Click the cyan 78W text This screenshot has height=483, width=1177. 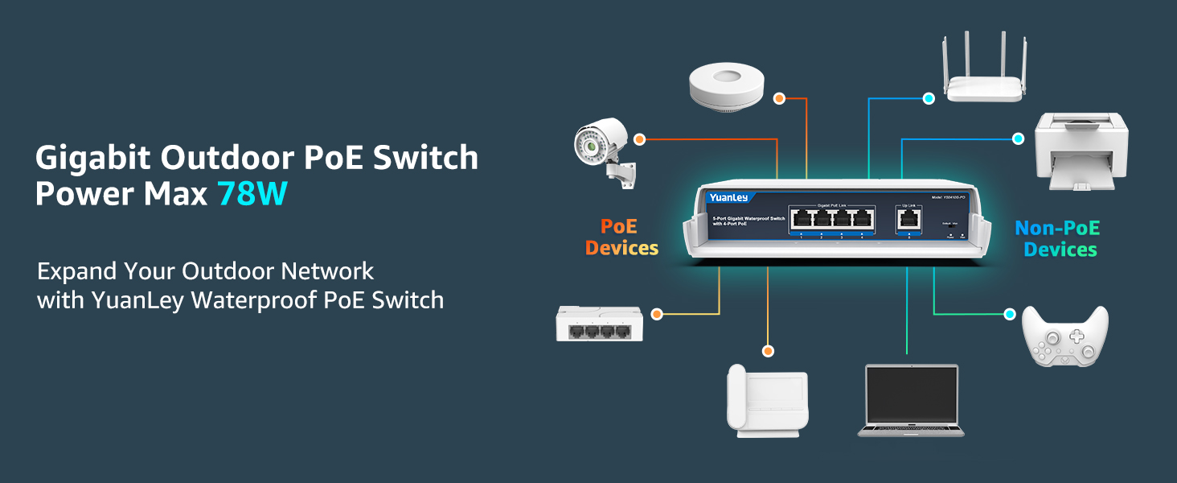click(252, 194)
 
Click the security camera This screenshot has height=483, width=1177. click(603, 150)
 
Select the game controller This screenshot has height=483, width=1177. click(1064, 338)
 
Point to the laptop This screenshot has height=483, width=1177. click(911, 400)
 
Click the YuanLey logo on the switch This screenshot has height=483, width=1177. click(728, 197)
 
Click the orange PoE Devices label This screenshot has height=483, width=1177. click(621, 237)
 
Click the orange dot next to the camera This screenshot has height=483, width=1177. click(639, 139)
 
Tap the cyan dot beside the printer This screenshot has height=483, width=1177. click(1018, 138)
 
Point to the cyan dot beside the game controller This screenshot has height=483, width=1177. click(1011, 314)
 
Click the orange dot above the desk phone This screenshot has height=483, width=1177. click(768, 351)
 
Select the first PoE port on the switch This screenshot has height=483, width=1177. click(801, 219)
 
